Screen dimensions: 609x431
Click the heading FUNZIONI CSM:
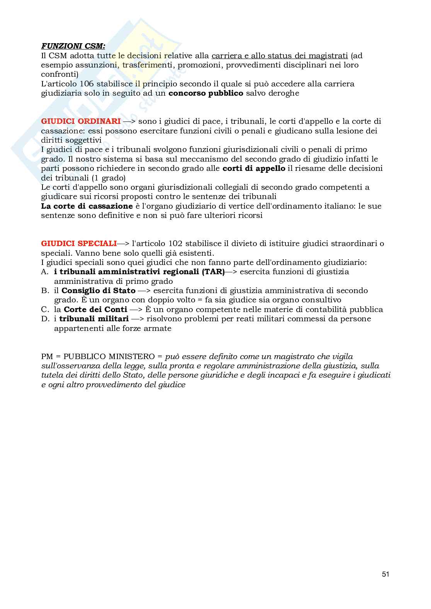coord(73,46)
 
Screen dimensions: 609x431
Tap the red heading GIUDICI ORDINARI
coord(81,121)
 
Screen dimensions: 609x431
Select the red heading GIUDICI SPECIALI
coord(79,244)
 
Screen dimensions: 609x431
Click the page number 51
coord(385,574)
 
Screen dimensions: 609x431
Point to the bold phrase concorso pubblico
coord(206,93)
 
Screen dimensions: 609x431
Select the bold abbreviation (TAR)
coord(213,272)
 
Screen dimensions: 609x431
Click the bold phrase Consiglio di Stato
coord(98,291)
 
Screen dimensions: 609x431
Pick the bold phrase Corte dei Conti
coord(95,310)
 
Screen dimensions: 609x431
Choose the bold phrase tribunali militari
coord(94,319)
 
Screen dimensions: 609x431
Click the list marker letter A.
coord(45,272)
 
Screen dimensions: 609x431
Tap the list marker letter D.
coord(45,319)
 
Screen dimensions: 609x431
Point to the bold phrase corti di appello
coord(254,169)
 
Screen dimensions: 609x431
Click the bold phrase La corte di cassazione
coord(87,206)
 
